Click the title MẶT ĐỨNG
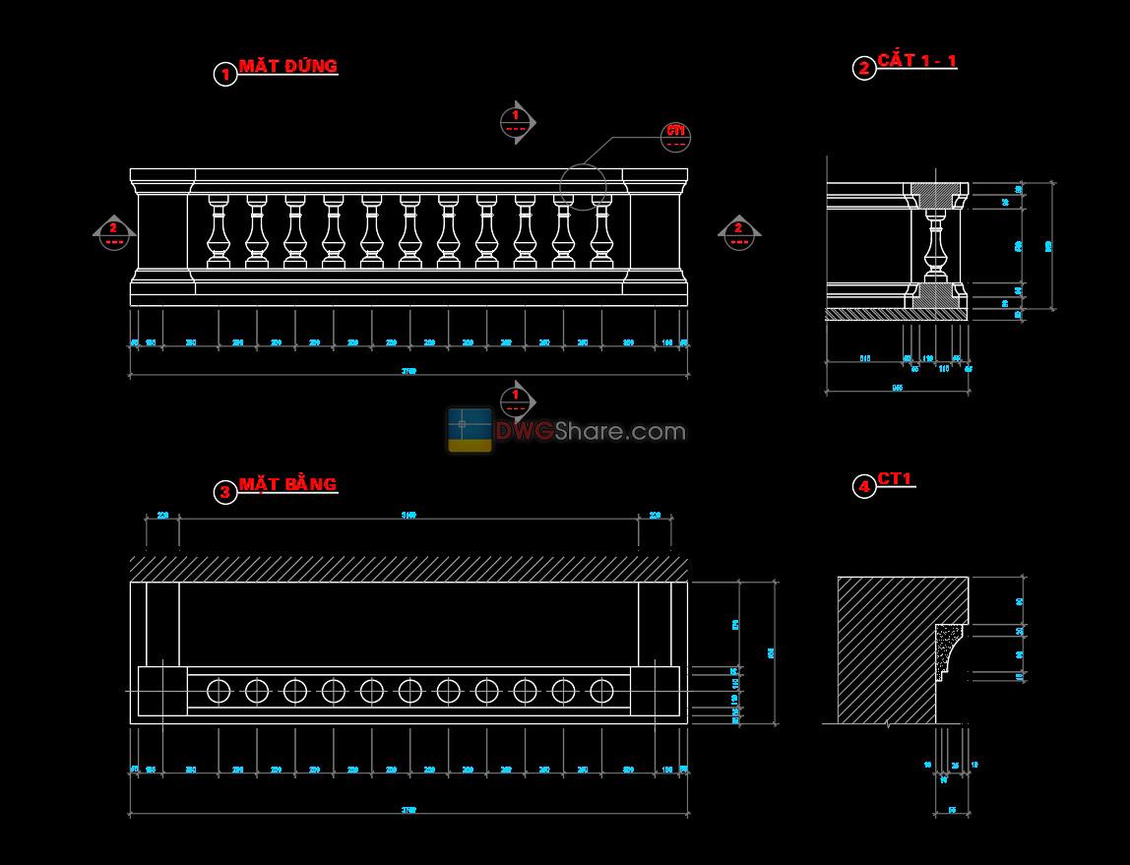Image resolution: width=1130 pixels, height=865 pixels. pyautogui.click(x=287, y=67)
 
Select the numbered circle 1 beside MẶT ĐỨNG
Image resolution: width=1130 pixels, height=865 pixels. pyautogui.click(x=225, y=74)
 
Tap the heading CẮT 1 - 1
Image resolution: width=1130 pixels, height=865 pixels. pyautogui.click(x=917, y=61)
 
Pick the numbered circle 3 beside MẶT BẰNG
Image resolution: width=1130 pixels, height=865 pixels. pyautogui.click(x=225, y=492)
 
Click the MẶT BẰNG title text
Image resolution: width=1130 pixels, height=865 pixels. pyautogui.click(x=287, y=484)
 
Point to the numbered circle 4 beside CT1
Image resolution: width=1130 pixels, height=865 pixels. pyautogui.click(x=863, y=486)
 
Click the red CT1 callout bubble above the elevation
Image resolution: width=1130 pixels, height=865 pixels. pyautogui.click(x=676, y=138)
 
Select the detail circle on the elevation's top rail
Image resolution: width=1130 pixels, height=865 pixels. pyautogui.click(x=583, y=186)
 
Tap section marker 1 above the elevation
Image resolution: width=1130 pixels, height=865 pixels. pyautogui.click(x=515, y=122)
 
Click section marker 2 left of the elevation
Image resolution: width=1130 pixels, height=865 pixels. pyautogui.click(x=113, y=233)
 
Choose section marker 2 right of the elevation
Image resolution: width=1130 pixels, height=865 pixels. pyautogui.click(x=738, y=233)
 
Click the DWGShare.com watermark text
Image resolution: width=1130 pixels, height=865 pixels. pyautogui.click(x=590, y=431)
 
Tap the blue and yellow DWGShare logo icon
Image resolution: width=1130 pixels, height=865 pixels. pyautogui.click(x=470, y=430)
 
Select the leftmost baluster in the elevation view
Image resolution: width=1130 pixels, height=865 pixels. pyautogui.click(x=218, y=231)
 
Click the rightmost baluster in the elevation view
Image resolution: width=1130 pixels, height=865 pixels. pyautogui.click(x=601, y=231)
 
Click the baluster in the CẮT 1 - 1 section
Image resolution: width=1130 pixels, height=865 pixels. pyautogui.click(x=936, y=244)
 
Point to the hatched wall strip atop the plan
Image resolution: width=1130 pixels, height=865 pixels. pyautogui.click(x=408, y=569)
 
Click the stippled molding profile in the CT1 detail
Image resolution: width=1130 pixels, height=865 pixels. pyautogui.click(x=948, y=649)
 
